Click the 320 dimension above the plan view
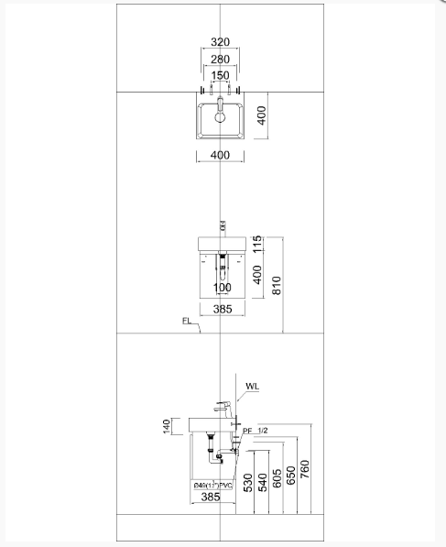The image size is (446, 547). point(220,42)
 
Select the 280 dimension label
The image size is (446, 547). point(220,60)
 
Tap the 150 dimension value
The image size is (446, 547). point(220,76)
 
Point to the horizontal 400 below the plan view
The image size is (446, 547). point(220,156)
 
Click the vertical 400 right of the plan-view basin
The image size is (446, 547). point(261,116)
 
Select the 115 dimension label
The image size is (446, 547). point(257,244)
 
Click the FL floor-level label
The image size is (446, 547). point(186,322)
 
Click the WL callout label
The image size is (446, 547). point(253,388)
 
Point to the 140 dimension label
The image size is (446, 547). point(167,426)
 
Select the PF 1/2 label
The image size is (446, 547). point(256,431)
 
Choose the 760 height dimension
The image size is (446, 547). point(306,468)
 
